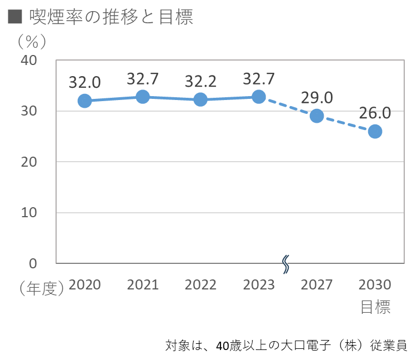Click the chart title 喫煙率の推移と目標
(x=108, y=17)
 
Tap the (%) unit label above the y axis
(x=31, y=41)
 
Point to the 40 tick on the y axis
(x=28, y=60)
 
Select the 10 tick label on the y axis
(x=28, y=212)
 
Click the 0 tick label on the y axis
(x=33, y=263)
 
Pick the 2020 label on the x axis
(x=85, y=284)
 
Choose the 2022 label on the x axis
(x=200, y=284)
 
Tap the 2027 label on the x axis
(x=316, y=284)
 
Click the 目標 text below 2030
(x=375, y=307)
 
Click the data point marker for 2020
(x=84, y=101)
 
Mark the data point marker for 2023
(x=259, y=97)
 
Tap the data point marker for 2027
(x=316, y=116)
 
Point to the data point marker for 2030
(x=375, y=131)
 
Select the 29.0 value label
(x=316, y=98)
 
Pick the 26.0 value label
(x=375, y=113)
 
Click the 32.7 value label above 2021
(x=143, y=79)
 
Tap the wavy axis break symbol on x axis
(x=286, y=264)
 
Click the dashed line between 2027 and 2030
(x=345, y=123)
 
